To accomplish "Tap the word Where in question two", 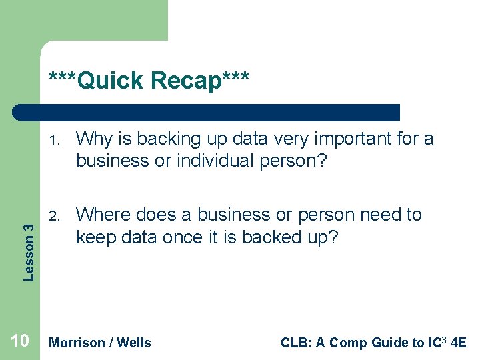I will [105, 215].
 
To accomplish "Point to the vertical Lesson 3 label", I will [29, 243].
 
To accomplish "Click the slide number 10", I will [20, 341].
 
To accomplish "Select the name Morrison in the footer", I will [77, 343].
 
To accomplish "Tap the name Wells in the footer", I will [134, 343].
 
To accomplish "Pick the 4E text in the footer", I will [459, 343].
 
